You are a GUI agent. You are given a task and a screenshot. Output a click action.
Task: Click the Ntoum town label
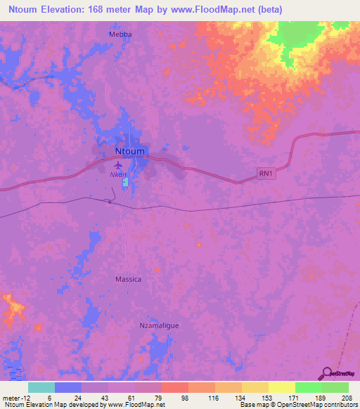coord(129,151)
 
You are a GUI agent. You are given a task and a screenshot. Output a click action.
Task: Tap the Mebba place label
coord(120,34)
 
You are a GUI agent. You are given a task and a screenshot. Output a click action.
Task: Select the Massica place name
coord(128,279)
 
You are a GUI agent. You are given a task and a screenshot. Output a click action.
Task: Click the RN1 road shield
coord(265,173)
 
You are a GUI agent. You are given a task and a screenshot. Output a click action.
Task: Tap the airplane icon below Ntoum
coord(117,166)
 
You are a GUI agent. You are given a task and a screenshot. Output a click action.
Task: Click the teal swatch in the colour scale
coord(41,387)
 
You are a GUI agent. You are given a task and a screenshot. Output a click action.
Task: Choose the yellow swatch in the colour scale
coord(281,387)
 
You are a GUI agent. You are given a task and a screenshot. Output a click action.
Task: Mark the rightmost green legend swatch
coord(335,387)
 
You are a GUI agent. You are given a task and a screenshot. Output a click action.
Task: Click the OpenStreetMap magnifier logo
coord(326,373)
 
